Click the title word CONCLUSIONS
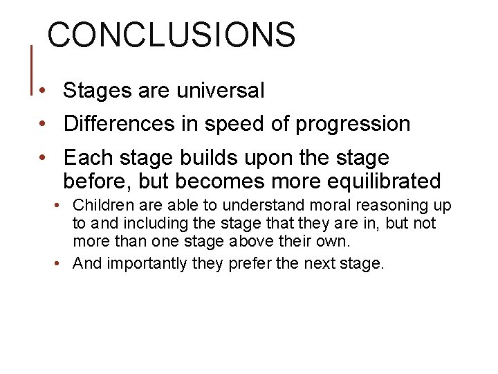coord(172,35)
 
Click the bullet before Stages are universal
coord(44,91)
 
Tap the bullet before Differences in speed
coord(44,125)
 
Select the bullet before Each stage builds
coord(44,158)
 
